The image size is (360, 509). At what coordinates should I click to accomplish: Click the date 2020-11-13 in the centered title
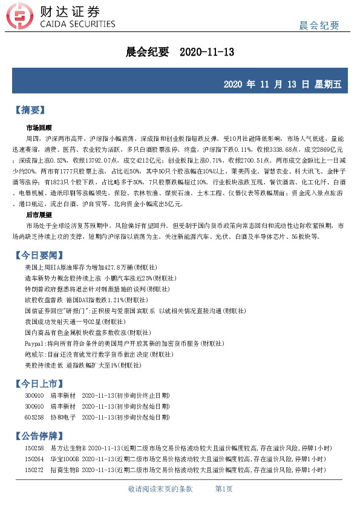pos(207,53)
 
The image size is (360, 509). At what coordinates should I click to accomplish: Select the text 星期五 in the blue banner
pos(328,84)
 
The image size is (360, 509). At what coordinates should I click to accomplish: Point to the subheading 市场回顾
pos(39,128)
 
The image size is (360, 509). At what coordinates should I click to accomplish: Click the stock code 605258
pos(34,417)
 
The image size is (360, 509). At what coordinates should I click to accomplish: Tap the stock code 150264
pos(34,458)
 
